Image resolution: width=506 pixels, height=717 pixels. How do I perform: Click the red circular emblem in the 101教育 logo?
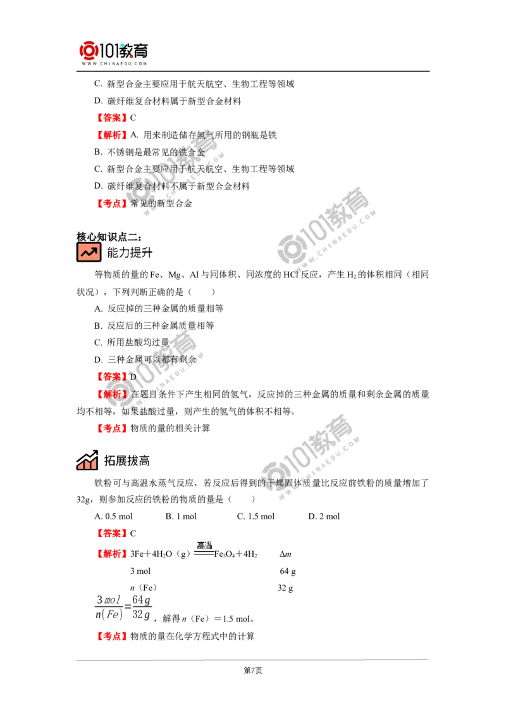[x=88, y=50]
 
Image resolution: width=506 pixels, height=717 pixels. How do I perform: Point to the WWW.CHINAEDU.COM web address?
[x=114, y=64]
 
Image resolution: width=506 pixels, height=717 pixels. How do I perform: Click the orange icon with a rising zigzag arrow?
[x=89, y=252]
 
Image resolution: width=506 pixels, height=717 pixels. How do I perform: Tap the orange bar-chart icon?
[x=87, y=464]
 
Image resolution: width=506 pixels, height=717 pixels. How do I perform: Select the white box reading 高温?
[x=204, y=547]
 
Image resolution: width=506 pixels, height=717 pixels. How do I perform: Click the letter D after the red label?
[x=133, y=376]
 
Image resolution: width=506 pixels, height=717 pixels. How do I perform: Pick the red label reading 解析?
[x=111, y=394]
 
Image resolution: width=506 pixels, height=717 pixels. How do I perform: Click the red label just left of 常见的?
[x=111, y=203]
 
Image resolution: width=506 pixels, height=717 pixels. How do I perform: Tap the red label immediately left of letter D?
[x=111, y=376]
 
